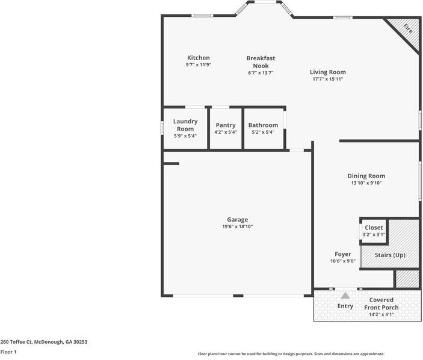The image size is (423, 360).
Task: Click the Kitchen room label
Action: click(x=198, y=58)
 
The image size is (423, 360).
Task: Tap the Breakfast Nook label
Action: click(x=261, y=62)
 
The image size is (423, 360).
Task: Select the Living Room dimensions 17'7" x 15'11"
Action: click(x=327, y=79)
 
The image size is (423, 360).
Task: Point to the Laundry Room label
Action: click(x=185, y=125)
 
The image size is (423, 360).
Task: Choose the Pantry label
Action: click(x=226, y=125)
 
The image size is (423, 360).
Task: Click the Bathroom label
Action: click(x=263, y=125)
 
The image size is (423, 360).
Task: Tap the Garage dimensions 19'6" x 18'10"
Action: click(x=237, y=227)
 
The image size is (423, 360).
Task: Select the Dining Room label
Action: click(x=366, y=176)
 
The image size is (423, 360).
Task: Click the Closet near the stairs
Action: click(x=374, y=228)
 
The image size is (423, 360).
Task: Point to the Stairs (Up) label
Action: click(x=390, y=255)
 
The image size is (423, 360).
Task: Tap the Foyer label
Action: click(x=343, y=254)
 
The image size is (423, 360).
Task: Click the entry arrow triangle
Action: click(x=345, y=296)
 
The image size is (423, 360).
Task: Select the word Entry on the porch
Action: click(x=345, y=306)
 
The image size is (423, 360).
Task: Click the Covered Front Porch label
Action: click(x=381, y=303)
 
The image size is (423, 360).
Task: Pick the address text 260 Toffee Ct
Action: click(x=44, y=341)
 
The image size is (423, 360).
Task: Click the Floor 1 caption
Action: click(x=8, y=352)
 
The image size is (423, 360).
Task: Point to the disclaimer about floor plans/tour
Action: click(x=291, y=354)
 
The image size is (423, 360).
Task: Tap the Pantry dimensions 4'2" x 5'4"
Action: click(x=226, y=132)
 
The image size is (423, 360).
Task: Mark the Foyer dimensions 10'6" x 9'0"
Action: click(x=343, y=261)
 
